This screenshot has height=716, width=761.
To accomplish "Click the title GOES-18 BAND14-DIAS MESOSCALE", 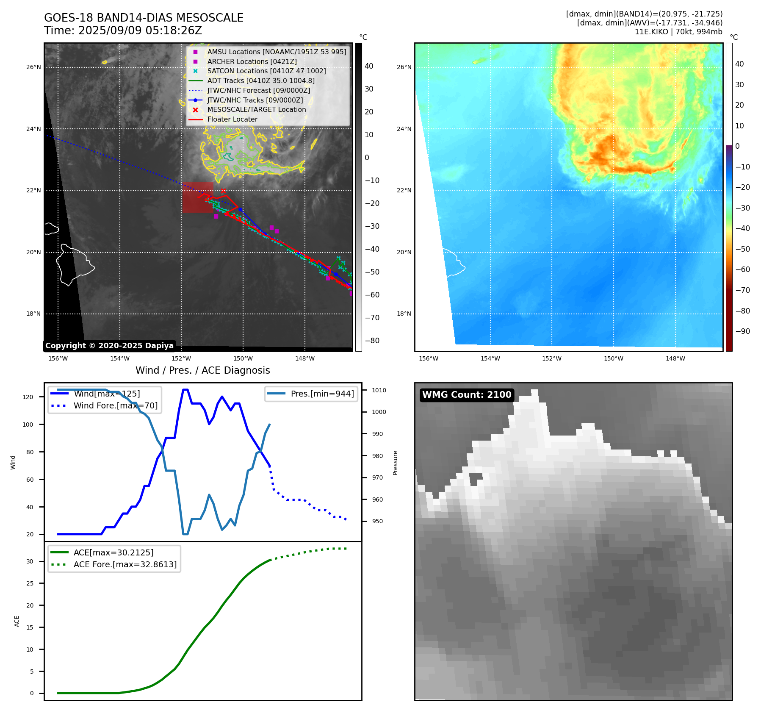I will pyautogui.click(x=144, y=18).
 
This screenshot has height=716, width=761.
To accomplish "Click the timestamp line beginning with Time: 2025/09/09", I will pyautogui.click(x=123, y=31).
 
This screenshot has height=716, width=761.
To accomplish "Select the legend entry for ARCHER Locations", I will pyautogui.click(x=252, y=61).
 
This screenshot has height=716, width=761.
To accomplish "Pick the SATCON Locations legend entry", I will pyautogui.click(x=266, y=71).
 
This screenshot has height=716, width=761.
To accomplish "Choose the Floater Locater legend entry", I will pyautogui.click(x=232, y=119).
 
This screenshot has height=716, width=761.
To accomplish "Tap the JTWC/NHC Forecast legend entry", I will pyautogui.click(x=258, y=90).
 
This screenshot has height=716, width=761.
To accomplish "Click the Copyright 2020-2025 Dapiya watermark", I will pyautogui.click(x=109, y=346).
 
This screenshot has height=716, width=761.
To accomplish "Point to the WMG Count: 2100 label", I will pyautogui.click(x=467, y=395).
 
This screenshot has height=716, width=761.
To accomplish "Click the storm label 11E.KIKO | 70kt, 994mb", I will pyautogui.click(x=678, y=32).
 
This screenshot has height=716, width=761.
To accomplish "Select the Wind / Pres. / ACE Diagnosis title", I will pyautogui.click(x=202, y=370).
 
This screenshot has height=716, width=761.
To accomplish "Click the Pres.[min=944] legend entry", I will pyautogui.click(x=322, y=394).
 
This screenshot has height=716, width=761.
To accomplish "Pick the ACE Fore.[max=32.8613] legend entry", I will pyautogui.click(x=125, y=564).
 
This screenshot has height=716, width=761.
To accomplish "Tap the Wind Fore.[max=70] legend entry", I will pyautogui.click(x=115, y=405).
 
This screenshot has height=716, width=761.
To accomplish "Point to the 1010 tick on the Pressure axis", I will pyautogui.click(x=379, y=390).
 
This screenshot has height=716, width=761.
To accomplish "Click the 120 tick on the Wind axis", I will pyautogui.click(x=28, y=397).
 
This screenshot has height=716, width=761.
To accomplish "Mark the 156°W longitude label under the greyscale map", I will pyautogui.click(x=58, y=358).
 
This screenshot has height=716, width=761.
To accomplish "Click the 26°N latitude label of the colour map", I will pyautogui.click(x=404, y=67).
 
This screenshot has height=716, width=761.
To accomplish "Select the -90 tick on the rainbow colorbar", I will pyautogui.click(x=742, y=331).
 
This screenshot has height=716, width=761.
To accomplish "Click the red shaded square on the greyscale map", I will pyautogui.click(x=198, y=197).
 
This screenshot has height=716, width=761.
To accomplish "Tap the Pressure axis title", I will pyautogui.click(x=395, y=463).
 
